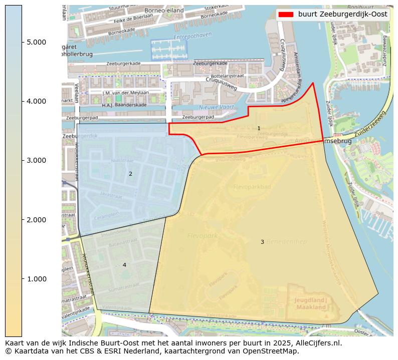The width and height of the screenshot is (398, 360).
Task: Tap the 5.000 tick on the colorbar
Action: coord(36,42)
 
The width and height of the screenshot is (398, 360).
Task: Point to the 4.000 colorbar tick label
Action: coord(36,101)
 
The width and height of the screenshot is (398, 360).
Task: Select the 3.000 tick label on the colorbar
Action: coord(36,160)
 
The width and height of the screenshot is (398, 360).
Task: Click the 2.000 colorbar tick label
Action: coord(36,220)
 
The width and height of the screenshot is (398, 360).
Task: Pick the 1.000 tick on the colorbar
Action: coord(36,279)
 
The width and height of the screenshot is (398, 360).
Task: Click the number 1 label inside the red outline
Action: coord(259,129)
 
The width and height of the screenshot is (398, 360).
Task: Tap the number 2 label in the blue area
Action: coord(130,174)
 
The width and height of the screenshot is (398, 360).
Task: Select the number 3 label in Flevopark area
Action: coord(262,242)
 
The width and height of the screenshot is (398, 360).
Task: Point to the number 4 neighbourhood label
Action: coord(124,265)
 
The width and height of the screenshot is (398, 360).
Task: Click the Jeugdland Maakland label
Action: coord(311,304)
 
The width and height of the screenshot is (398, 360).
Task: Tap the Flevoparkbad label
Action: coord(252,187)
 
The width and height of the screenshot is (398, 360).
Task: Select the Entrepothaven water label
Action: coord(192,37)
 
